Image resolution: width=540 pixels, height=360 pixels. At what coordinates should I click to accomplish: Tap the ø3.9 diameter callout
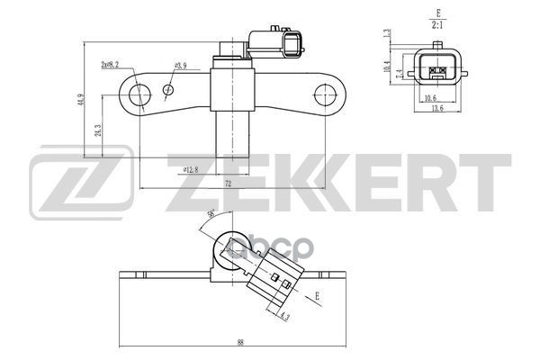click(179, 66)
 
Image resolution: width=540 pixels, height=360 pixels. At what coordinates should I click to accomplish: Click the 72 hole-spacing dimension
click(228, 183)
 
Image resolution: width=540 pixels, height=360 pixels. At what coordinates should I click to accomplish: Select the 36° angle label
click(211, 214)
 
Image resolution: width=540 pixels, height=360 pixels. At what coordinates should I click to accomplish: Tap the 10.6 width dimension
click(430, 98)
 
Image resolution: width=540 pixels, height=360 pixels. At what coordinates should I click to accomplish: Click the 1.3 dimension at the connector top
click(386, 34)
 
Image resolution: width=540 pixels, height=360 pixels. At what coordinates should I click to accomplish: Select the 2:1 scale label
click(437, 26)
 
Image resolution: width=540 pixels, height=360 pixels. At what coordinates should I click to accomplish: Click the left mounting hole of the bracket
click(139, 95)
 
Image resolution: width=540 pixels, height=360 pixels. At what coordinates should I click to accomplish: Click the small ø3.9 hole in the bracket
click(168, 89)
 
